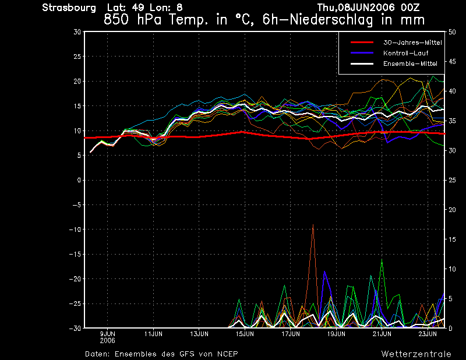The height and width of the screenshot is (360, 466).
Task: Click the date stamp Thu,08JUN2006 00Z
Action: coord(368,8)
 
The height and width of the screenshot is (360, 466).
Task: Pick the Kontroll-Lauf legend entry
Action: coord(406,53)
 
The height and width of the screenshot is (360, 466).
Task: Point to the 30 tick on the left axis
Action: coord(77,32)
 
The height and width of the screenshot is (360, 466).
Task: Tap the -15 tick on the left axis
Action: coord(74,255)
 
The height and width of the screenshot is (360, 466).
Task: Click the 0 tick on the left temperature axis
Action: coord(79,181)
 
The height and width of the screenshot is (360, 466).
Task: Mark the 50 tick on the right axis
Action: coord(453,32)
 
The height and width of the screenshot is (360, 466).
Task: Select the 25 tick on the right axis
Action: coord(453,181)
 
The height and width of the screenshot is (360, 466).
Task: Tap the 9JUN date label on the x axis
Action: coord(107,334)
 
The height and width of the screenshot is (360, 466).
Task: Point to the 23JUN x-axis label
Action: coord(428,334)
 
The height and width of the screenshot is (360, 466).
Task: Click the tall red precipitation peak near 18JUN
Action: coord(313,225)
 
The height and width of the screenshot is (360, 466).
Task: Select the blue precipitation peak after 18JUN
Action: coord(324,272)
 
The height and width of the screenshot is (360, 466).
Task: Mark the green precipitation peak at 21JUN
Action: coord(382,260)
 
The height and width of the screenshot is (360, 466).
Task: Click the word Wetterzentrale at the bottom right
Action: coord(416,354)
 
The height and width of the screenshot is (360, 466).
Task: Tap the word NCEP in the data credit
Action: coord(226,354)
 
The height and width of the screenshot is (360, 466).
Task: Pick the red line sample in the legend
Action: coord(362,43)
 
